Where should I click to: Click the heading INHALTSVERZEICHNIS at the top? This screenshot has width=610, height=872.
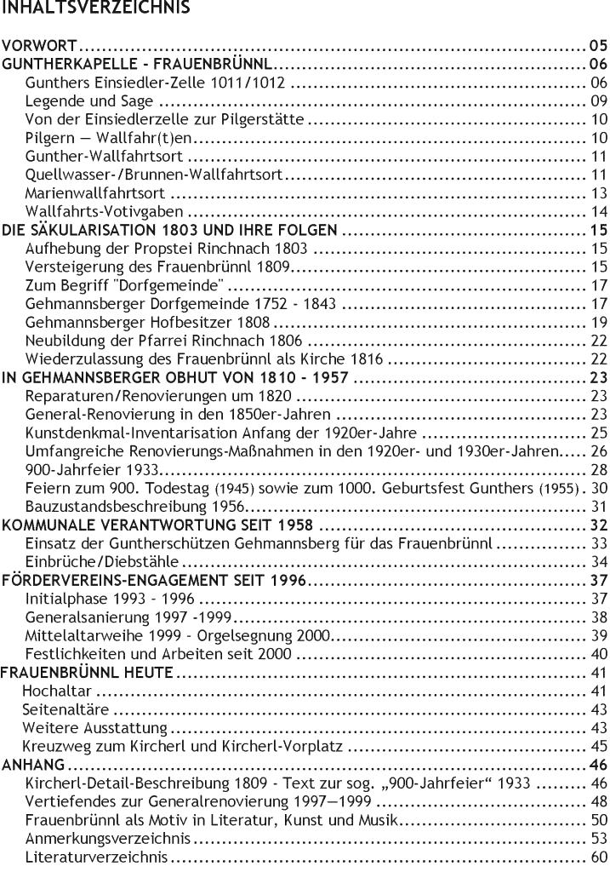pos(94,8)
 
